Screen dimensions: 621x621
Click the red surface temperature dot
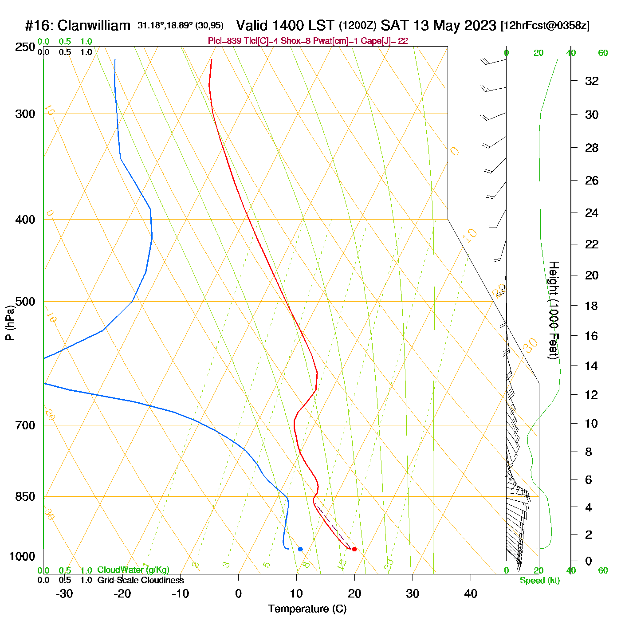(354, 549)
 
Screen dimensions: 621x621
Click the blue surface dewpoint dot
(300, 549)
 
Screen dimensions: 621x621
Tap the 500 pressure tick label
(25, 302)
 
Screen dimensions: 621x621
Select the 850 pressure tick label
(25, 497)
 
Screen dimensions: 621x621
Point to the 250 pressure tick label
(25, 47)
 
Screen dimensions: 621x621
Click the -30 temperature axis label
(64, 593)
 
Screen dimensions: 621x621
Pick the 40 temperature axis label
(471, 593)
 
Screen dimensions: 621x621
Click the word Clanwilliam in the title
(94, 26)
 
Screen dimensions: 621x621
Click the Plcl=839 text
(224, 41)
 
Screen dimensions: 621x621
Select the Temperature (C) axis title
(307, 609)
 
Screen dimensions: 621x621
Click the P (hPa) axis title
(10, 323)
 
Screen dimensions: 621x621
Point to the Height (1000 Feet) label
(553, 310)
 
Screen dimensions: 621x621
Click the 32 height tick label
(592, 81)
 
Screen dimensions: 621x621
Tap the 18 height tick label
(592, 306)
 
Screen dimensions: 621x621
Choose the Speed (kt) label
(540, 581)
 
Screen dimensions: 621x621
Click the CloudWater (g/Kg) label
(133, 570)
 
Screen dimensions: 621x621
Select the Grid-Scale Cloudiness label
(141, 580)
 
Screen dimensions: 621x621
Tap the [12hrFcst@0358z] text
(545, 26)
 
